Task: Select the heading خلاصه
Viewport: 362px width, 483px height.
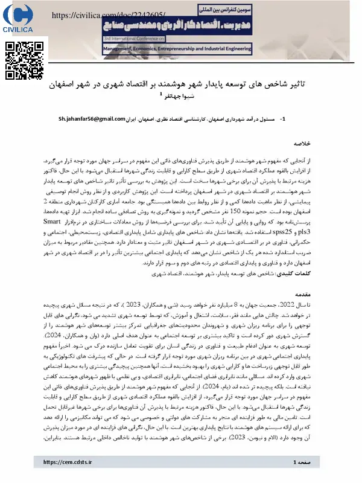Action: (x=301, y=145)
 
